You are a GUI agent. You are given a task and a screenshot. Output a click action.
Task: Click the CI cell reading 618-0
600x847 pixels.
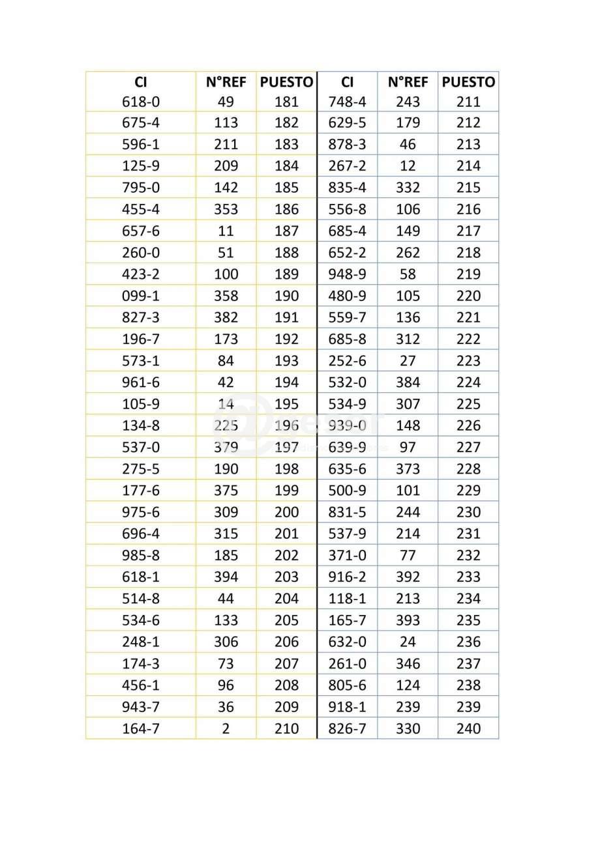tap(140, 102)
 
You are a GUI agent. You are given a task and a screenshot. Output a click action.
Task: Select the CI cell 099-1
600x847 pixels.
tap(140, 296)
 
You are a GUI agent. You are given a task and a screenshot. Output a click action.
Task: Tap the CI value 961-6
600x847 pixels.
tap(140, 382)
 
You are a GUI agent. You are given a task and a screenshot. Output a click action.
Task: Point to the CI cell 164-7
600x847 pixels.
tap(140, 728)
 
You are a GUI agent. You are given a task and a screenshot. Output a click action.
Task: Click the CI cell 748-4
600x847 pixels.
tap(347, 102)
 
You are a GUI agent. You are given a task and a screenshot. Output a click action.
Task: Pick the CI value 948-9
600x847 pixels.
tap(347, 274)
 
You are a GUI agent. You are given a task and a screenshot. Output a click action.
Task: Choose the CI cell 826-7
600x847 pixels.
tap(347, 728)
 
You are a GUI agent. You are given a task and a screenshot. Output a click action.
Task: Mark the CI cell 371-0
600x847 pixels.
tap(347, 555)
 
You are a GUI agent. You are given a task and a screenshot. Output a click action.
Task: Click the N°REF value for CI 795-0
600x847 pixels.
tap(226, 188)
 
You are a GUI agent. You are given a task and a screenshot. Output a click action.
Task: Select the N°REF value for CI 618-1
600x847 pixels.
tap(226, 577)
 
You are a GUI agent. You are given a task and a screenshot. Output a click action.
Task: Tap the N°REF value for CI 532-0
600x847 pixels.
tap(408, 382)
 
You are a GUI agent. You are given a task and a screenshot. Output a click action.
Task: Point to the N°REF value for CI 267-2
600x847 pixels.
tap(408, 166)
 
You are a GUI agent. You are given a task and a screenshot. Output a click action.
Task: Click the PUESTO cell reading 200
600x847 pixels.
tap(286, 512)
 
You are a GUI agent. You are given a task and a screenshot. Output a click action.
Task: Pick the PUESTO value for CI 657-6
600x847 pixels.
tap(286, 231)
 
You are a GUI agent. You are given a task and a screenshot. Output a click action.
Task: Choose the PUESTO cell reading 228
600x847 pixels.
tap(468, 468)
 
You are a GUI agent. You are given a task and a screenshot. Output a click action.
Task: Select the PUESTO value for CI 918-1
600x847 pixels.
tap(468, 707)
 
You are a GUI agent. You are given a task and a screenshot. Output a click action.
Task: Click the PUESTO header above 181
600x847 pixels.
tap(286, 82)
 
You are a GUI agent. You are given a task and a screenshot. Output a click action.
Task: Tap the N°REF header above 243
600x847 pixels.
tap(408, 82)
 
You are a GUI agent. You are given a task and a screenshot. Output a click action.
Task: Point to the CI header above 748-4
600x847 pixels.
tap(347, 82)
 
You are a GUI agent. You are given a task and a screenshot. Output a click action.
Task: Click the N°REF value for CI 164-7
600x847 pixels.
tap(226, 728)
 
